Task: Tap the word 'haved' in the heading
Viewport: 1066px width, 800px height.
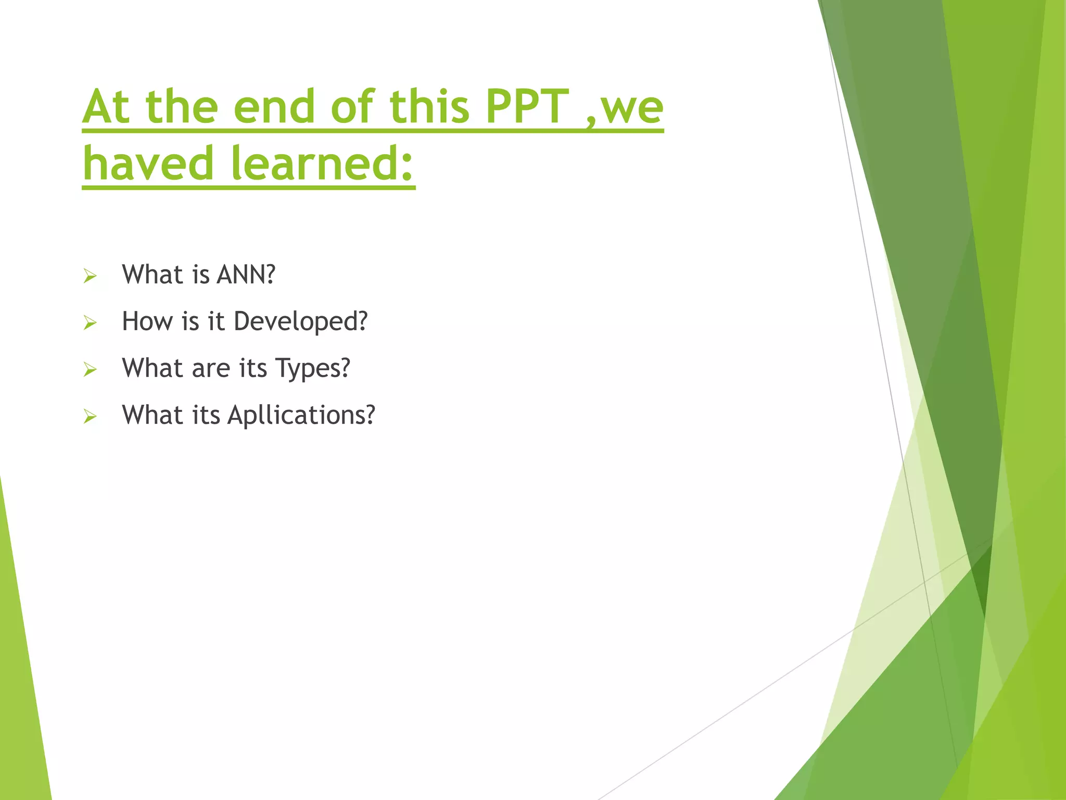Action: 148,164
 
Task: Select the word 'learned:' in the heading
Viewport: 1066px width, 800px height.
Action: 322,164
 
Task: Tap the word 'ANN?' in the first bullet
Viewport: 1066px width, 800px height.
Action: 246,274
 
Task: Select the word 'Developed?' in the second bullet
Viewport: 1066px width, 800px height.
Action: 300,321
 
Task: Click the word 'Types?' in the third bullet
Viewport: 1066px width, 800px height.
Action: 312,369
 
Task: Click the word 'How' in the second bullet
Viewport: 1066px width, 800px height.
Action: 147,321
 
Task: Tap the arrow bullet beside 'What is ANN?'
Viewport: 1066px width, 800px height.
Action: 90,276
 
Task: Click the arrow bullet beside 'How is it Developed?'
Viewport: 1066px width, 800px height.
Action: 90,323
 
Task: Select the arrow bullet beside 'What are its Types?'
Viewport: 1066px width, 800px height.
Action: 90,370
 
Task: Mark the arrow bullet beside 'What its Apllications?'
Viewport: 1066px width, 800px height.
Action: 90,417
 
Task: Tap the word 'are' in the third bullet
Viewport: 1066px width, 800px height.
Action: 211,369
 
